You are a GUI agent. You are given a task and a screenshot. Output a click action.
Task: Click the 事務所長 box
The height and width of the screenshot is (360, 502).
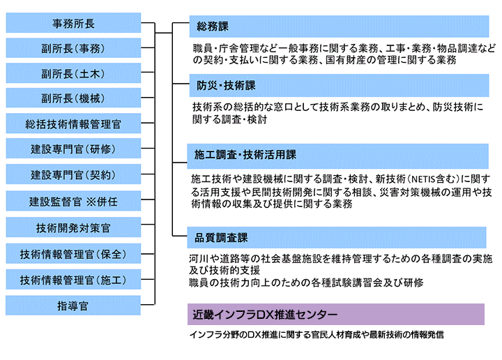73,23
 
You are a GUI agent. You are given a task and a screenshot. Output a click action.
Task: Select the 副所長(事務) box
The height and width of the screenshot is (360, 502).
73,48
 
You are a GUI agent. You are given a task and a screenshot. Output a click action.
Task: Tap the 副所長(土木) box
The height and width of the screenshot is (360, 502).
73,73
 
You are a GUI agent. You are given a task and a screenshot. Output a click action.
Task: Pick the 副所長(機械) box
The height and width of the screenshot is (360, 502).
73,98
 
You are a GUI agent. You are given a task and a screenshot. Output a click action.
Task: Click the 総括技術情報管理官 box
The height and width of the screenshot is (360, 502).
73,123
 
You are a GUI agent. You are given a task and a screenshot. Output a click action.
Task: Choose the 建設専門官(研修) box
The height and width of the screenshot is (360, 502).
73,149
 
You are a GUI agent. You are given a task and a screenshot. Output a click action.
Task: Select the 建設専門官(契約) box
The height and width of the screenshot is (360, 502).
73,174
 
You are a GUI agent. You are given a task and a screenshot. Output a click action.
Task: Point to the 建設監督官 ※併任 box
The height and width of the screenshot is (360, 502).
73,201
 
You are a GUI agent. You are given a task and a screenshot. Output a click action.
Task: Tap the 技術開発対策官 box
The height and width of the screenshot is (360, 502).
73,227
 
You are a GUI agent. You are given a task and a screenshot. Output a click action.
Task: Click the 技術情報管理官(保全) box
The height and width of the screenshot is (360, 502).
73,253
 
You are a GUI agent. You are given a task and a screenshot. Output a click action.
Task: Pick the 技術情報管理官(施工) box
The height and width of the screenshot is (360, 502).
73,279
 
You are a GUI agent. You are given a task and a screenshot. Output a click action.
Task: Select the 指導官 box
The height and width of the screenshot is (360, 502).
73,305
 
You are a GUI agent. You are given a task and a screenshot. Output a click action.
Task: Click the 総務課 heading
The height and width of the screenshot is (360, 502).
339,27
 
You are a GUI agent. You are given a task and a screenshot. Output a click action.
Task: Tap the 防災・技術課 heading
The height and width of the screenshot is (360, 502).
339,86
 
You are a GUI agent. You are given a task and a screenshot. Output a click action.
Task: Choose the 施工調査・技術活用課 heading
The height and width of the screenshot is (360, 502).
337,156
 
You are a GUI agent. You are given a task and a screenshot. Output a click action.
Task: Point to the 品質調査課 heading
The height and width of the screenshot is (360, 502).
337,238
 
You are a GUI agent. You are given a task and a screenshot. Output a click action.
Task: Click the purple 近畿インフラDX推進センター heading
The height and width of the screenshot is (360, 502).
336,314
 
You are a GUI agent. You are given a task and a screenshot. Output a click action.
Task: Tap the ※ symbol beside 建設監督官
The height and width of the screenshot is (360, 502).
91,202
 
